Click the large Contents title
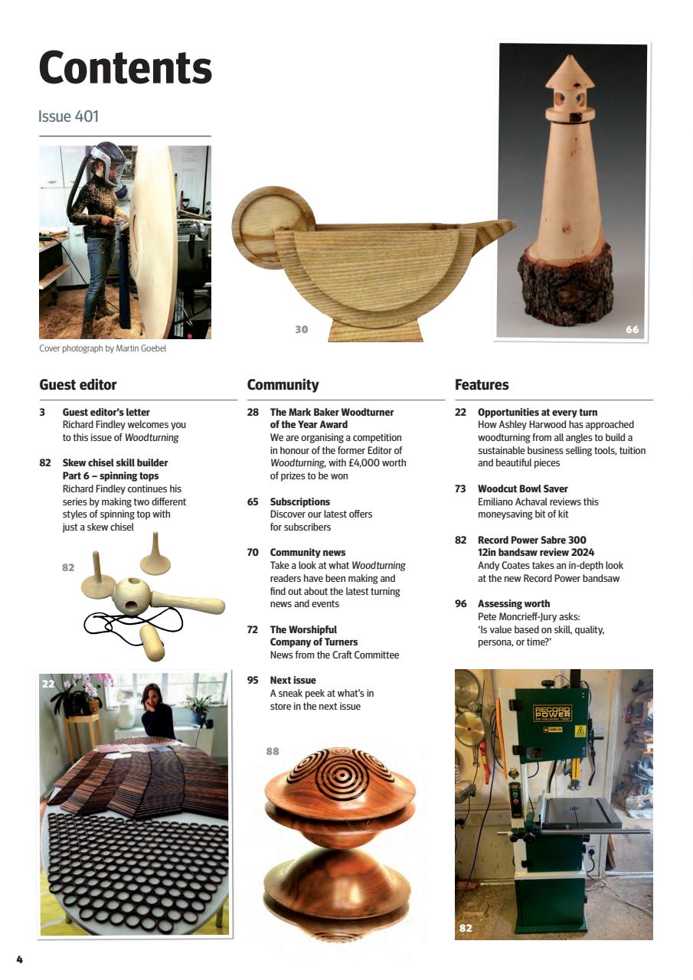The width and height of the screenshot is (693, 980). point(125,68)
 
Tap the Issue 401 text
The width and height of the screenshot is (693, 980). point(68,116)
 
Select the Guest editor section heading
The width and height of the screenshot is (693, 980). point(77,384)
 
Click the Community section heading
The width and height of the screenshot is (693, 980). point(283,384)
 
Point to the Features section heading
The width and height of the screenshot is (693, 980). point(481,384)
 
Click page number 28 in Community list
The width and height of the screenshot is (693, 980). point(253,412)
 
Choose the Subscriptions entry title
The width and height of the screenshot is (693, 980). point(299,501)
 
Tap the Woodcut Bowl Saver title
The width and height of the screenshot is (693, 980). point(522,488)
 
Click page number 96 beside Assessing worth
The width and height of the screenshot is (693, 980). point(460,603)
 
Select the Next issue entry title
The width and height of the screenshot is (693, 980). point(293,680)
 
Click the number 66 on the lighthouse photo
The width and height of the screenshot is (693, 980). point(632,330)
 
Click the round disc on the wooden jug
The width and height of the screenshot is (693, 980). point(273,227)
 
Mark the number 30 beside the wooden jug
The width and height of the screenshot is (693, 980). point(301,329)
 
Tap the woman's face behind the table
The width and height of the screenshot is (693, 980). point(152,697)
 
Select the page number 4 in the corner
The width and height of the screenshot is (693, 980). point(20,959)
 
